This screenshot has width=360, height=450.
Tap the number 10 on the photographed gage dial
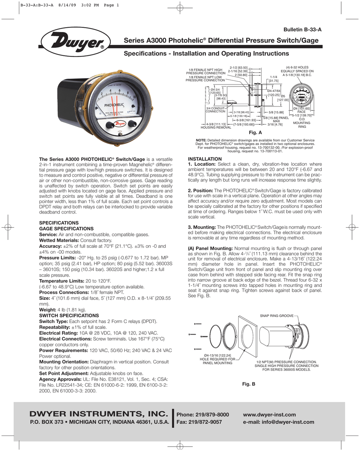click(x=135, y=97)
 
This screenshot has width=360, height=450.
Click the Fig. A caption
click(x=255, y=132)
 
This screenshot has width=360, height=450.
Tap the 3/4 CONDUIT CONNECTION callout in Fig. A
click(x=215, y=110)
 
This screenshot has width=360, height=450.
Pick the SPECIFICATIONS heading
click(x=59, y=223)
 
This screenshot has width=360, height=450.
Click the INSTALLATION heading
click(x=204, y=158)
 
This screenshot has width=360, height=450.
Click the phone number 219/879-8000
click(x=203, y=414)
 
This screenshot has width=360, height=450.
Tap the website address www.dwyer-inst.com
click(x=269, y=414)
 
